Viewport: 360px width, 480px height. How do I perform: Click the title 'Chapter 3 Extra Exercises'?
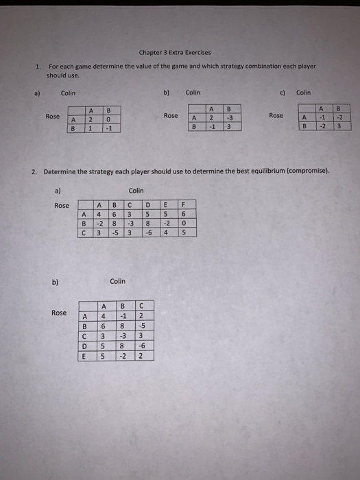tap(174, 52)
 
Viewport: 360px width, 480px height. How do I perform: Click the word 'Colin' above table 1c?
tap(303, 92)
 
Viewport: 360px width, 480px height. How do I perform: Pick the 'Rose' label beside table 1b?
tap(171, 116)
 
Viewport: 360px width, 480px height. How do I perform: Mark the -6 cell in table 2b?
tap(141, 346)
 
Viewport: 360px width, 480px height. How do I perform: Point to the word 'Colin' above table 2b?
tap(117, 281)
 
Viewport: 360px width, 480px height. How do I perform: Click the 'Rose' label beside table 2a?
tap(62, 206)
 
